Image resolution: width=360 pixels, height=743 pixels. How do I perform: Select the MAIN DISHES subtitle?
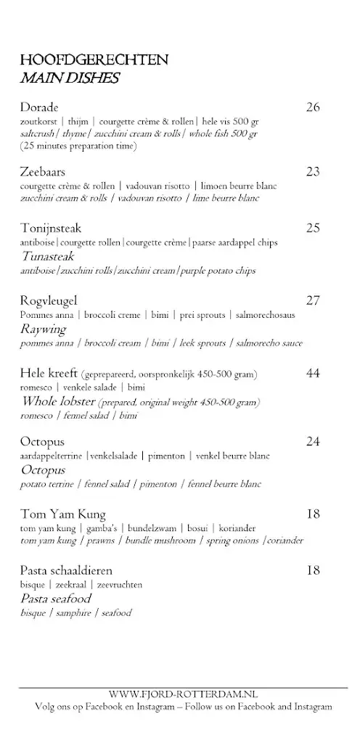(70, 78)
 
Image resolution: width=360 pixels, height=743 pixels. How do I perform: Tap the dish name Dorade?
(39, 108)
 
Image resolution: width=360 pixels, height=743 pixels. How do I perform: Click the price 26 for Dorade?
(313, 108)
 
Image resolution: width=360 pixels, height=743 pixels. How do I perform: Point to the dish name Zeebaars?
(44, 172)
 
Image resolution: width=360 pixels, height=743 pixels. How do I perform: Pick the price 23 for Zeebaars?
(313, 172)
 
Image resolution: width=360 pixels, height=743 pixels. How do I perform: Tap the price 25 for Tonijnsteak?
(313, 229)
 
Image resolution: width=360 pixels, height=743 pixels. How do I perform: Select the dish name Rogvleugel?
(49, 300)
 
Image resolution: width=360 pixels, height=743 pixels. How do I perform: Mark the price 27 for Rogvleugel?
(313, 300)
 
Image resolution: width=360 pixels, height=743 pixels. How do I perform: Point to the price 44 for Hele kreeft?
(313, 373)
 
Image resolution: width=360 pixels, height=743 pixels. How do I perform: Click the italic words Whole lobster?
(58, 401)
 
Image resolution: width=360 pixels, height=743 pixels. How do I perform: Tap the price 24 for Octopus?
(313, 441)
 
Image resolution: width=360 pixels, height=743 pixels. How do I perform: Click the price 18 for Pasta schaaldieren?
(313, 570)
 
